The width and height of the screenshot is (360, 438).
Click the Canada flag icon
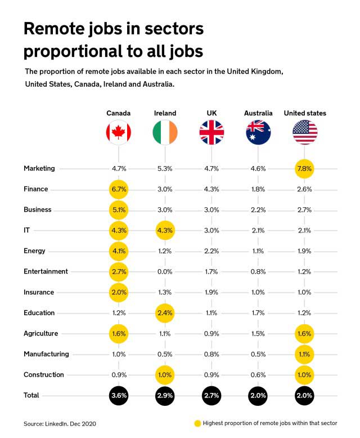119,133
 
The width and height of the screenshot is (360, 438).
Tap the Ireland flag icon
165,133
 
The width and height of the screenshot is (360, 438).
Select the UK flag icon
211,133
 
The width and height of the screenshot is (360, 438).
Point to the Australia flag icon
258,133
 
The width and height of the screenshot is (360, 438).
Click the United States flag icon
305,133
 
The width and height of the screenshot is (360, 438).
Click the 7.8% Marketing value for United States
305,168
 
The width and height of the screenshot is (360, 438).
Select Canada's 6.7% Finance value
119,189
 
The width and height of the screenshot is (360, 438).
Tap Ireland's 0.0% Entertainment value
165,271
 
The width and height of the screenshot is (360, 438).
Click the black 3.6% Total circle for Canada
119,395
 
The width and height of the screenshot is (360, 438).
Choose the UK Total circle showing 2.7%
211,395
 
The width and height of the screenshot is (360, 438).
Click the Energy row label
34,251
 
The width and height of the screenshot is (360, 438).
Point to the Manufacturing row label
46,354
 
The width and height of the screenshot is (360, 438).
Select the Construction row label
44,374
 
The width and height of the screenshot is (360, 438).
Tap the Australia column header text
258,113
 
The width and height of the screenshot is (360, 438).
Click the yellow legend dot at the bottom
196,423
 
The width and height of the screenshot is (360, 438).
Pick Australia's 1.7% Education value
258,312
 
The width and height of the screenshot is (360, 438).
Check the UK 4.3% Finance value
211,189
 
